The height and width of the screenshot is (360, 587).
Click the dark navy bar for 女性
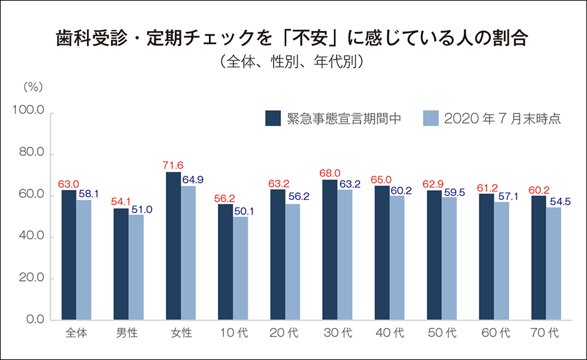coord(173,246)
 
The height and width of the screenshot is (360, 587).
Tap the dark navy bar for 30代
coord(329,250)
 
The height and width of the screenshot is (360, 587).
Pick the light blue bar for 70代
coord(553,263)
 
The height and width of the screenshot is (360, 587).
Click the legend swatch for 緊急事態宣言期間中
coord(272,118)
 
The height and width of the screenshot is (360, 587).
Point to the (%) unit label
coord(32,86)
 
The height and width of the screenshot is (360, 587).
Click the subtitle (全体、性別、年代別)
coord(293,62)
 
